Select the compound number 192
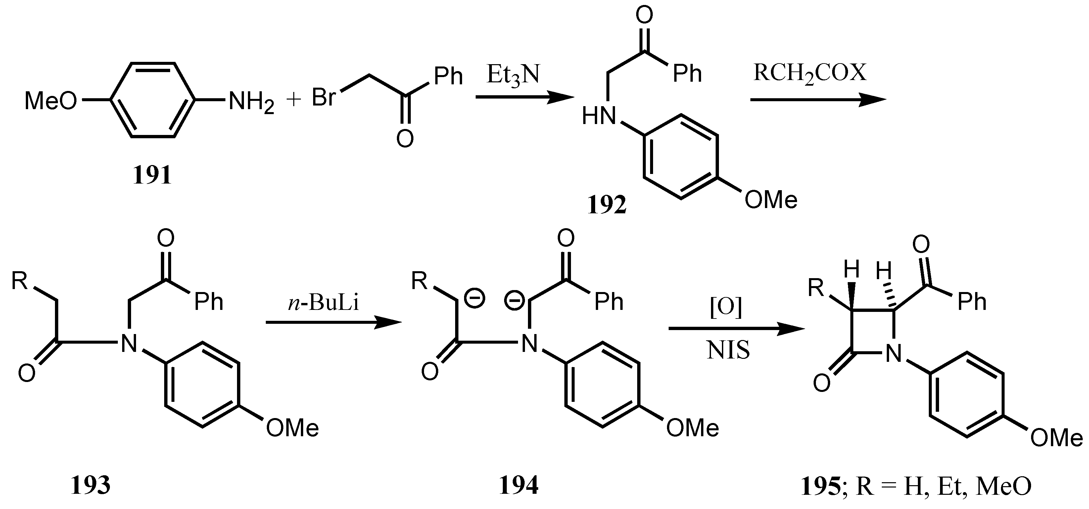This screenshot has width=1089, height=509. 607,206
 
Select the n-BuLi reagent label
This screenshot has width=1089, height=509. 323,303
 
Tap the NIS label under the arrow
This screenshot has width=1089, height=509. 729,351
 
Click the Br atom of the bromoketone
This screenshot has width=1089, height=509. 324,98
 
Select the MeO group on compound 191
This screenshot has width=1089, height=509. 51,102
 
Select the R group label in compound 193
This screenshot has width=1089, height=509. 20,280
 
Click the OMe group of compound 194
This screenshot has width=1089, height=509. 692,428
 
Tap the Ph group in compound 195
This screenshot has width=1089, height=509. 971,302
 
